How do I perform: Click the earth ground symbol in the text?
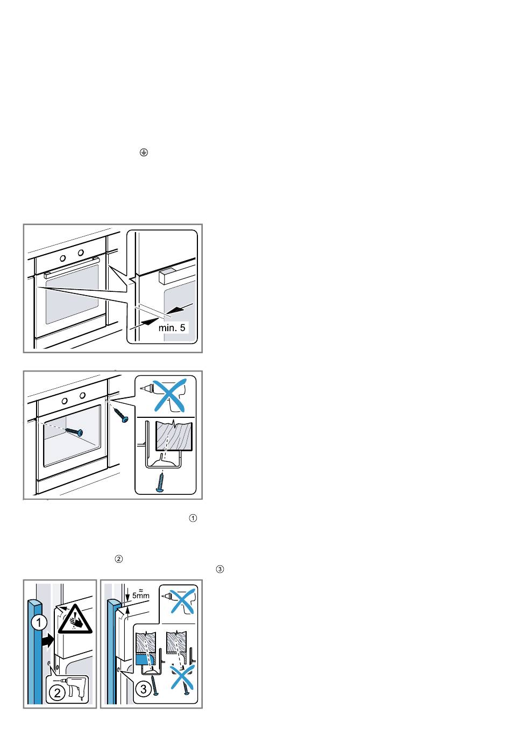tap(143, 153)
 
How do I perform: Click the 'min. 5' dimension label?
tap(172, 326)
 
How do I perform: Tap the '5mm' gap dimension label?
tap(140, 596)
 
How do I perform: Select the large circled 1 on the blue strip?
tap(38, 624)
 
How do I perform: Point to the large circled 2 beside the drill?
tap(58, 692)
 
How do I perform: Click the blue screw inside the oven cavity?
tap(74, 431)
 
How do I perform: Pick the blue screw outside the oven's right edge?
tap(120, 414)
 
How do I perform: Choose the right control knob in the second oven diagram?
tap(82, 396)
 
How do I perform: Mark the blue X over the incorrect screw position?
tap(181, 677)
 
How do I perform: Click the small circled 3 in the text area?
tap(219, 569)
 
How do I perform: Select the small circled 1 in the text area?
tap(194, 518)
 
